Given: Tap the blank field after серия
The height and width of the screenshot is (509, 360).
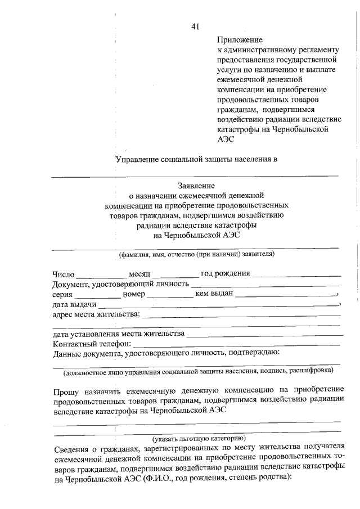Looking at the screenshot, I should click(x=98, y=295).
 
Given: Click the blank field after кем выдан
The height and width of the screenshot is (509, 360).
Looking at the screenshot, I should click(x=285, y=295).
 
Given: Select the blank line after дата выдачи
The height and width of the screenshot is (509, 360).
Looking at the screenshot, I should click(x=219, y=305).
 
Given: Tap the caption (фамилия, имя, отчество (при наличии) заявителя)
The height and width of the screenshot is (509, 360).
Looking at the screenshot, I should click(x=196, y=254).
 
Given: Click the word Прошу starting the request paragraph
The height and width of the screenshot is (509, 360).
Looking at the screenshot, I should click(x=67, y=390).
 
